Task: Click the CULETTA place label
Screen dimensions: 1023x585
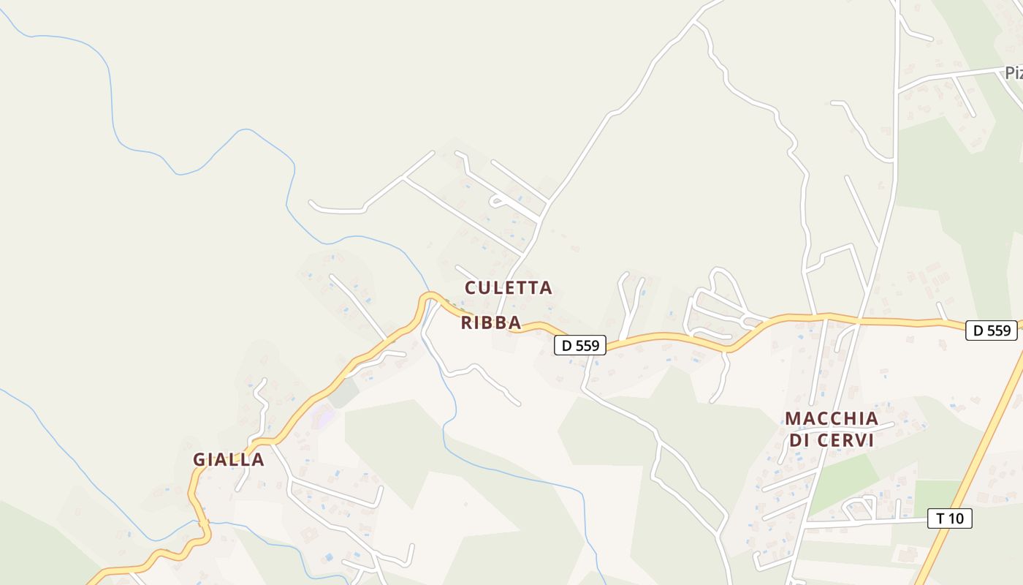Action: pos(509,288)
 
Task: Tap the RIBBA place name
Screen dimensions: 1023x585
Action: pos(490,322)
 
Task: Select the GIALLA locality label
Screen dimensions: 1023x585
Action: pos(228,460)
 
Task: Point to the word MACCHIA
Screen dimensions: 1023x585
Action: pos(832,419)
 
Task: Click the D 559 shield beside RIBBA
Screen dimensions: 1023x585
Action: pos(580,345)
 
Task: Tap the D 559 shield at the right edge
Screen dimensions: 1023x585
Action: pos(992,331)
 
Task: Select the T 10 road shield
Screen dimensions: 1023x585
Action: pos(950,519)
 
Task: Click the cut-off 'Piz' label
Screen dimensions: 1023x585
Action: pos(1013,73)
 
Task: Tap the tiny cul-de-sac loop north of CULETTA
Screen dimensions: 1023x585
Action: pos(499,200)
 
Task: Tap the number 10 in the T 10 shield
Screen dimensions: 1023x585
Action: pos(957,519)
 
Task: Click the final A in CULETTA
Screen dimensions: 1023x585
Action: pos(545,288)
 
